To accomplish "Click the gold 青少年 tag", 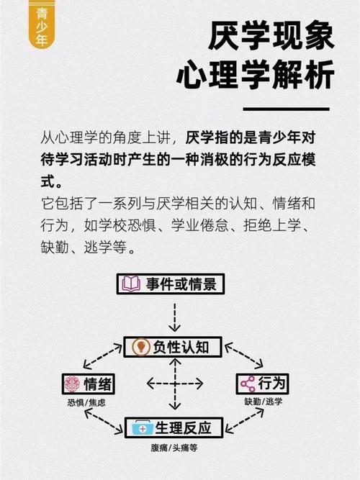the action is [41, 24].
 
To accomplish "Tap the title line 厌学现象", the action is [271, 36].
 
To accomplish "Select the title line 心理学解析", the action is [255, 74].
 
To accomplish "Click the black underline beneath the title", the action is [286, 109].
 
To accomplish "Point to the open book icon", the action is [131, 284].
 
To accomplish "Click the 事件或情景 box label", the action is [181, 284].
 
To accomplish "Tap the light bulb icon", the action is [140, 347].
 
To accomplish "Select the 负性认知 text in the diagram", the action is [181, 347].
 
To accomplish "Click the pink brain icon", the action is [73, 384].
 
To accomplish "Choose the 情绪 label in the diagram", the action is [98, 384].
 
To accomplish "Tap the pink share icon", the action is [248, 384].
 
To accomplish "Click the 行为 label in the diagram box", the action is [271, 383].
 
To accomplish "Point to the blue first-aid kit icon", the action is [142, 427].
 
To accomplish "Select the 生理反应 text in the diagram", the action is [183, 427].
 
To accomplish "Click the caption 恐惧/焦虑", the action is [86, 402].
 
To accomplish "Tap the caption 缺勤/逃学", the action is [264, 402].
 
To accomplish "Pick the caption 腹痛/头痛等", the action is [174, 448].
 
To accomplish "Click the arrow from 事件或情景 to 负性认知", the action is [175, 317].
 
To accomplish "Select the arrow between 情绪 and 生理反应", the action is [104, 422].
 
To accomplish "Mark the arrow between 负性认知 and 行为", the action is [244, 356].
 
